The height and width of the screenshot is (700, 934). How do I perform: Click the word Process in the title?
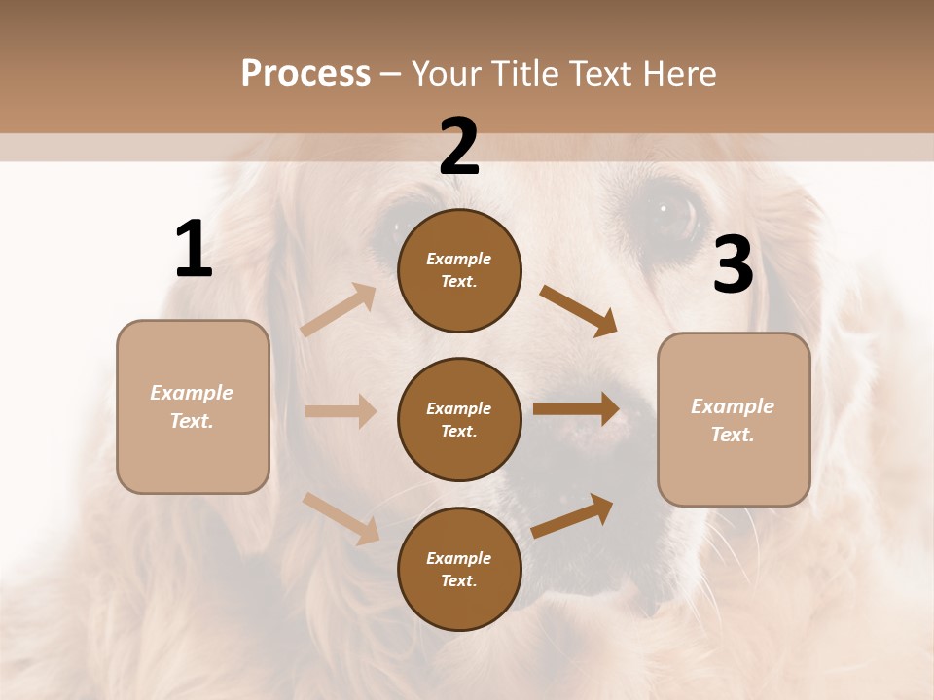point(305,74)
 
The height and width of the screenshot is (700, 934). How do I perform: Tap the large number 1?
point(194,250)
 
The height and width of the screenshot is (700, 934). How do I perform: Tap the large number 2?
point(459,147)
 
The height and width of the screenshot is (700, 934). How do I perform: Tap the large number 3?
point(733,265)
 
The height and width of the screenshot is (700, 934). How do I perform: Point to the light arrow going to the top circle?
point(339,310)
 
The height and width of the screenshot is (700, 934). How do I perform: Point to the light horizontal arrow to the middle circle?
point(341,411)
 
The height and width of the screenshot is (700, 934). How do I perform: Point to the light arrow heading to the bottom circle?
point(341,518)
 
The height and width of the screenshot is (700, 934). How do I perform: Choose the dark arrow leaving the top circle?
point(578,311)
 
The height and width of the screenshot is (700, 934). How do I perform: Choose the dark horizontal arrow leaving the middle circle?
point(576,409)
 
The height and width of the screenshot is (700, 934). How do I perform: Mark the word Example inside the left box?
point(192,393)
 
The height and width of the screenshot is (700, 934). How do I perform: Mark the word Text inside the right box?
point(732,435)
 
